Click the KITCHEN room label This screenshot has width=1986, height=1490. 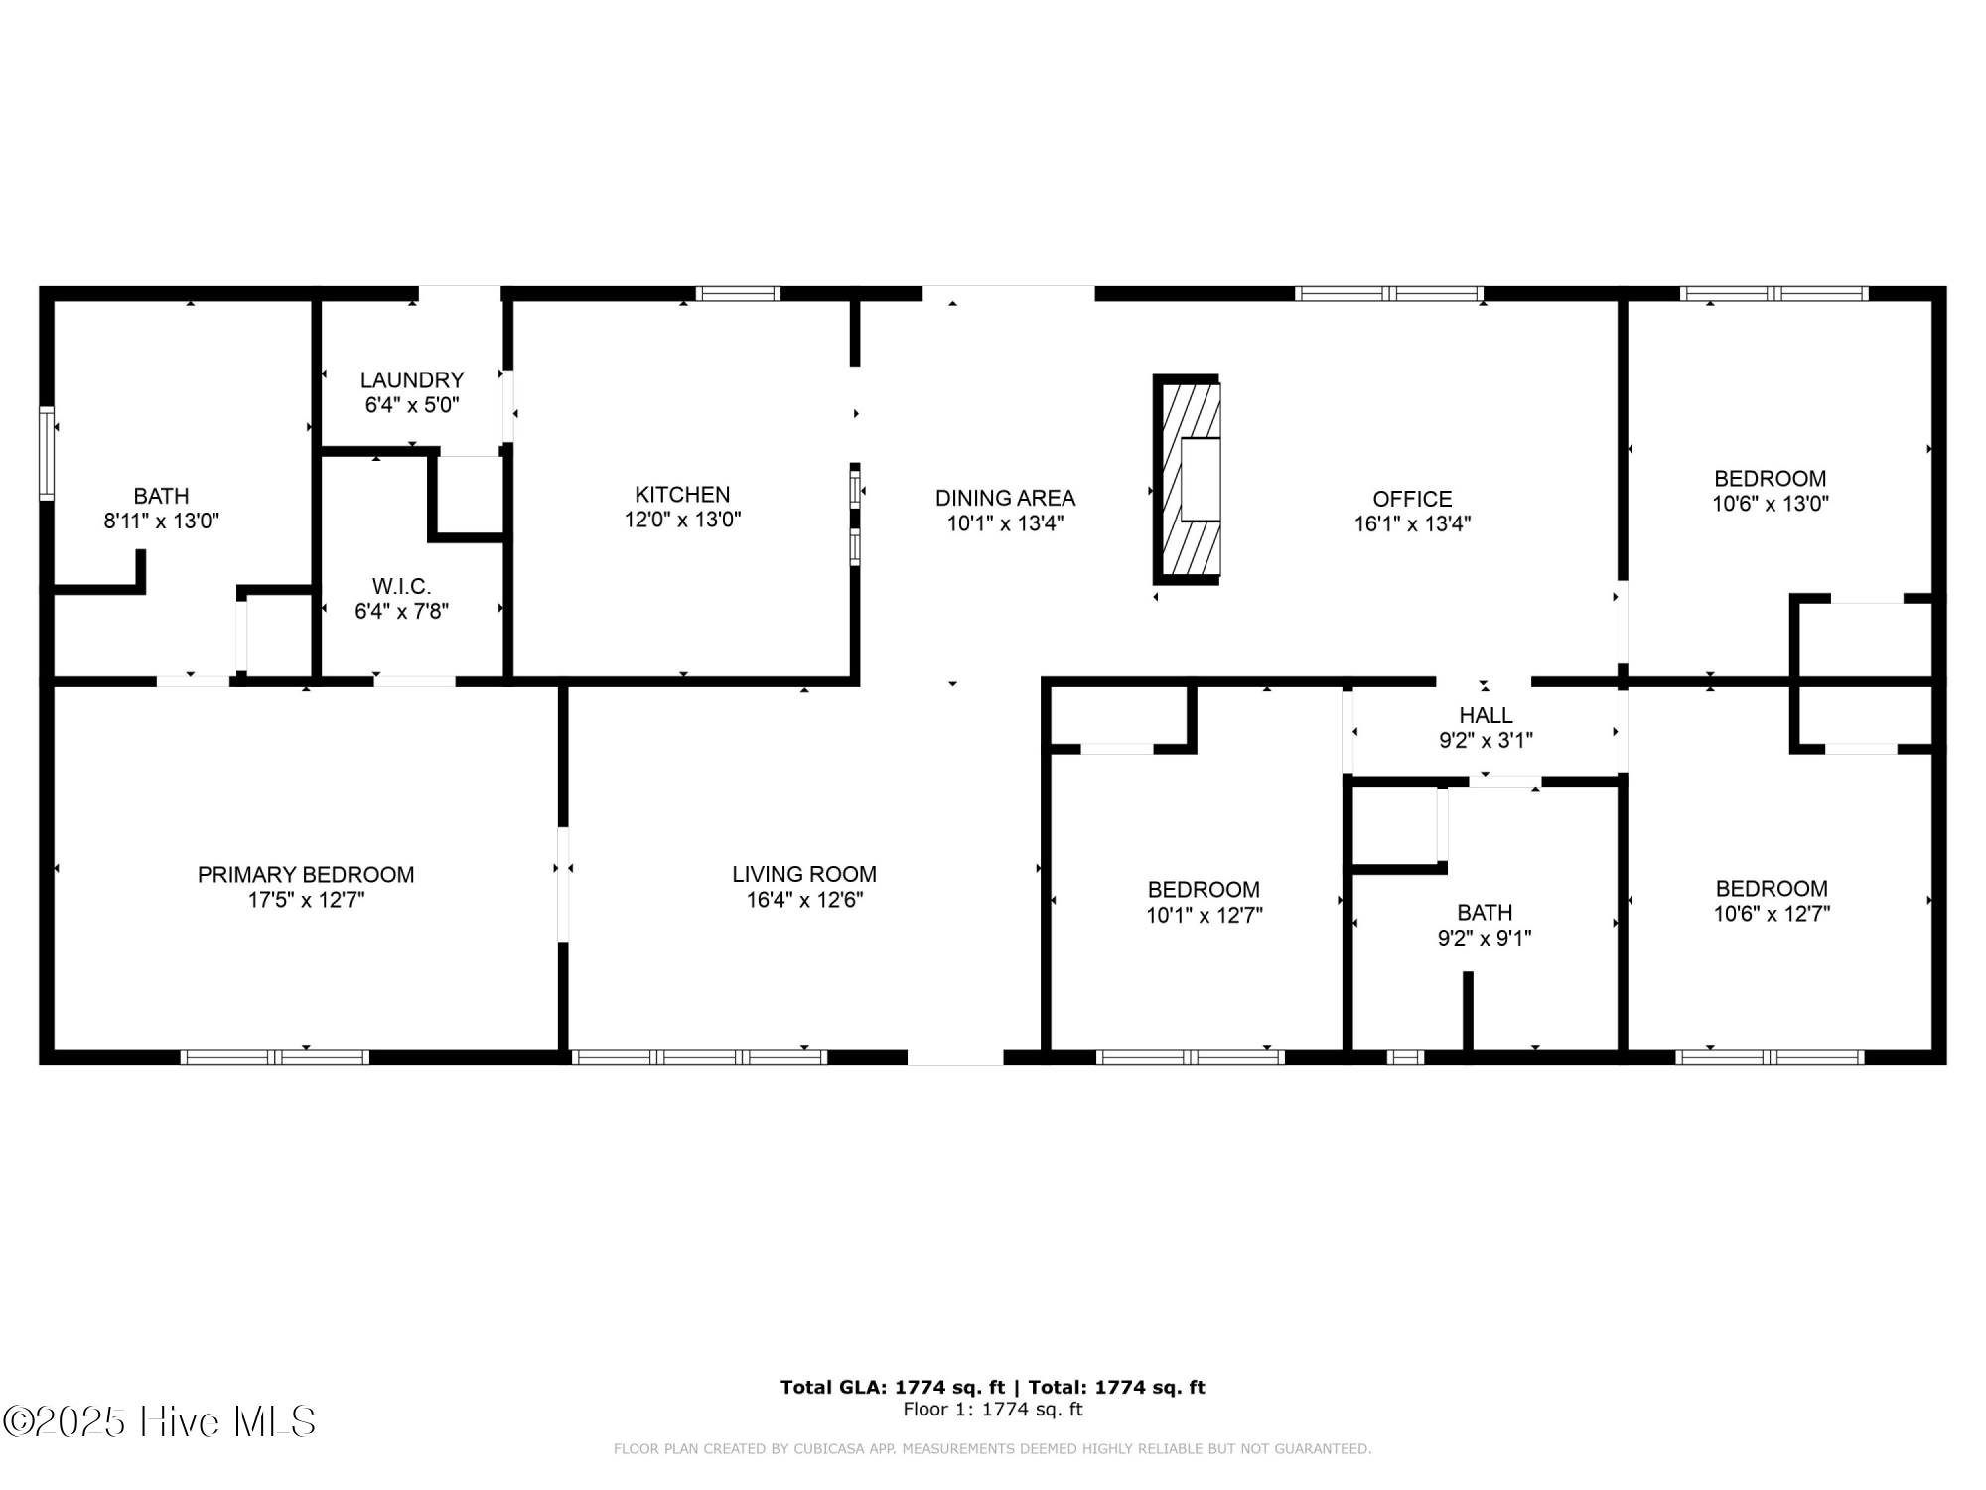[682, 494]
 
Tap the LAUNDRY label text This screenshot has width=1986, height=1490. [412, 379]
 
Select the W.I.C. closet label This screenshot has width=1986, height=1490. [401, 586]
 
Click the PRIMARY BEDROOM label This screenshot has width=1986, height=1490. [306, 874]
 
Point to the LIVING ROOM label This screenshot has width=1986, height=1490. [804, 874]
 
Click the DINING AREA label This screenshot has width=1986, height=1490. [1005, 498]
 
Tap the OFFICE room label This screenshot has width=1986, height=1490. [1412, 499]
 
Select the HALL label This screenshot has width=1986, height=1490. [1486, 715]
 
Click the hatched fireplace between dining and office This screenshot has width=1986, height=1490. [1188, 480]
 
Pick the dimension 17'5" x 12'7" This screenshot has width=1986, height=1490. [306, 901]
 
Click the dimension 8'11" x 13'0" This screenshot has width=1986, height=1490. [161, 521]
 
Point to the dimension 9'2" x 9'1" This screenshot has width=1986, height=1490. [1485, 939]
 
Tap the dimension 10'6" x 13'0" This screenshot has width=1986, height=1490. [1770, 504]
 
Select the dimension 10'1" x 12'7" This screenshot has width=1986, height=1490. [1204, 916]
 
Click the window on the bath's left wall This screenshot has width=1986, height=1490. [46, 452]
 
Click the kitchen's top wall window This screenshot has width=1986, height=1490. [737, 293]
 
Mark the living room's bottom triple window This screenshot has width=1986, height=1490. [699, 1057]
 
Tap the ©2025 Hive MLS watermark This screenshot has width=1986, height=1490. [159, 1421]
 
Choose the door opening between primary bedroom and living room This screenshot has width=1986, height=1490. [563, 884]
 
